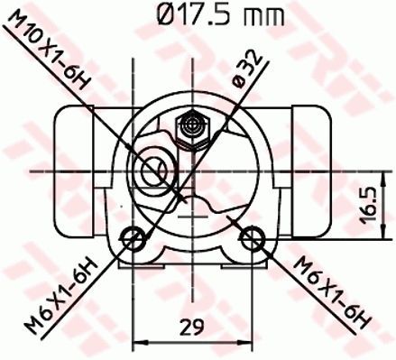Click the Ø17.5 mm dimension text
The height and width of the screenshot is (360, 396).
pos(216,15)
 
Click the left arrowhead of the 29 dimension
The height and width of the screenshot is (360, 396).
pos(138,342)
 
